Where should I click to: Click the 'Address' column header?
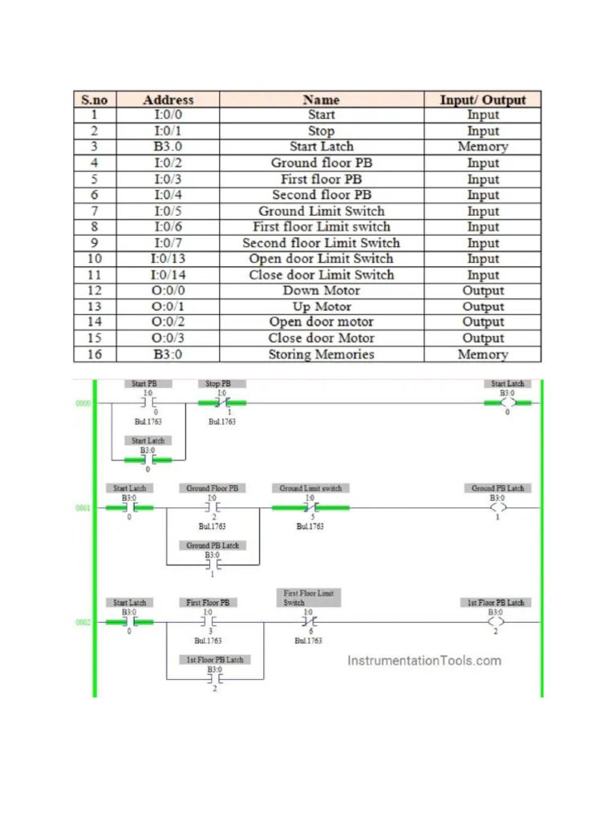(x=168, y=100)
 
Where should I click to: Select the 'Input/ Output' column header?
(x=483, y=100)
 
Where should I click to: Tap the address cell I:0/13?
(x=168, y=259)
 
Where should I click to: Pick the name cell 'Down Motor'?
(x=321, y=290)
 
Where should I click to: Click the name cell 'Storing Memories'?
(x=321, y=354)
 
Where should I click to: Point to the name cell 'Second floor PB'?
(x=321, y=195)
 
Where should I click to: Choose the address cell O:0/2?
(x=168, y=322)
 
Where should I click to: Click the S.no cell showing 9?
(x=94, y=243)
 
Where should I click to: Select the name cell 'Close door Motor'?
(x=321, y=338)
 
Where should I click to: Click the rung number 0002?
(x=84, y=622)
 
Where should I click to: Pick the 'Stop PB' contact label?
(x=218, y=384)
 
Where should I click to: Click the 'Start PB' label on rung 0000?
(x=144, y=384)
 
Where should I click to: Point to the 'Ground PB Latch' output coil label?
(x=497, y=488)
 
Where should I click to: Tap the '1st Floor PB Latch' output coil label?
(x=496, y=602)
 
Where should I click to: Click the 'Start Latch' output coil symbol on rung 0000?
(x=508, y=402)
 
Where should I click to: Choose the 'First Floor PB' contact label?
(x=207, y=602)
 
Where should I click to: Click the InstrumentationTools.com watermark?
(x=424, y=661)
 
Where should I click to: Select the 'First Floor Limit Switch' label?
(x=308, y=597)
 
